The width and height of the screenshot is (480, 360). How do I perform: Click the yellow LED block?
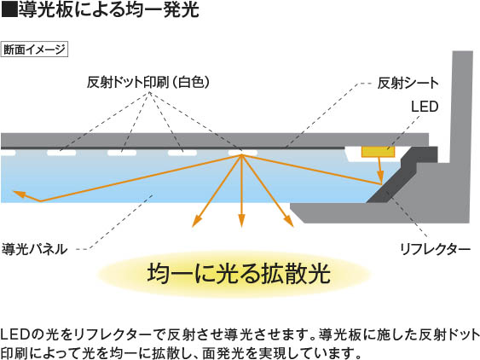pyautogui.click(x=378, y=152)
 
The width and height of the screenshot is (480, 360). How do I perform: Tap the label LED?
pyautogui.click(x=425, y=107)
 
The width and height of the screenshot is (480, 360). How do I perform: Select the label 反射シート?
pyautogui.click(x=408, y=83)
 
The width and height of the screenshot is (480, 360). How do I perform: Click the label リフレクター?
pyautogui.click(x=435, y=249)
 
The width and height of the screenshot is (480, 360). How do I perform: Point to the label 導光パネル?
pyautogui.click(x=34, y=249)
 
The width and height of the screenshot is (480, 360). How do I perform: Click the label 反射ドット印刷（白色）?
pyautogui.click(x=148, y=82)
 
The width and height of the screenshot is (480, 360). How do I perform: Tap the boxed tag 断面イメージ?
pyautogui.click(x=34, y=49)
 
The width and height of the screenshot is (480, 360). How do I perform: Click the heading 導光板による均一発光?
pyautogui.click(x=109, y=9)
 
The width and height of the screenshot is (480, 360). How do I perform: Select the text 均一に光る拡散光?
pyautogui.click(x=239, y=273)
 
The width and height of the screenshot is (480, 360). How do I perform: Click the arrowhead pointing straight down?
pyautogui.click(x=242, y=221)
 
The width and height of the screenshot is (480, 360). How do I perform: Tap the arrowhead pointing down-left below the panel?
pyautogui.click(x=197, y=222)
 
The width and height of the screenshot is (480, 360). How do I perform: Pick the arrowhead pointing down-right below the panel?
pyautogui.click(x=288, y=221)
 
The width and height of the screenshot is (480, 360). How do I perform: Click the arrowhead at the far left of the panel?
pyautogui.click(x=19, y=194)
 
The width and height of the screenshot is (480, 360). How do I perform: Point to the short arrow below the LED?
pyautogui.click(x=380, y=171)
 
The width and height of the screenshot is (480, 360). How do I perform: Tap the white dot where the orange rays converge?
pyautogui.click(x=243, y=153)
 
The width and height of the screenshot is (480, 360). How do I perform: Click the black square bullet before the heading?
pyautogui.click(x=9, y=9)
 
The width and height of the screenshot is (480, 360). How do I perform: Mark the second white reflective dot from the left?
pyautogui.click(x=61, y=153)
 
